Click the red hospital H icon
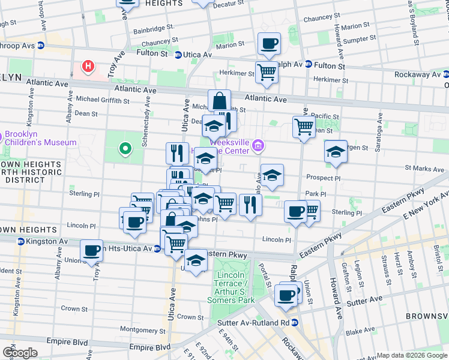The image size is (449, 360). click(x=88, y=66)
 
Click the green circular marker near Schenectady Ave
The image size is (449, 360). click(x=125, y=147)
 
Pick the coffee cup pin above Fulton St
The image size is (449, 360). click(x=269, y=44)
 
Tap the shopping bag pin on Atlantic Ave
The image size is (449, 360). click(x=219, y=100)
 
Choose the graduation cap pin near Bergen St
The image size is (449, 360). click(x=336, y=152)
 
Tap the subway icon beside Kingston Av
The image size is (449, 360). click(x=20, y=241)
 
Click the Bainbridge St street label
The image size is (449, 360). click(x=153, y=27)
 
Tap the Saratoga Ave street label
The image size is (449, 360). click(x=378, y=138)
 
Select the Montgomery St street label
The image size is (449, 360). click(x=142, y=329)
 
